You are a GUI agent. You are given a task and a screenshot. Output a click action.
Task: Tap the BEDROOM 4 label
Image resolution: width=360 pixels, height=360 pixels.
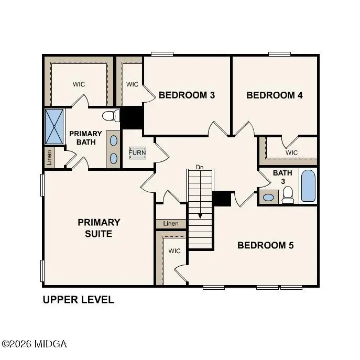(275, 95)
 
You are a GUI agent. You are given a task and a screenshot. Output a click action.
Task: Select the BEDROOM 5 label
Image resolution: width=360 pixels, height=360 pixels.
(266, 245)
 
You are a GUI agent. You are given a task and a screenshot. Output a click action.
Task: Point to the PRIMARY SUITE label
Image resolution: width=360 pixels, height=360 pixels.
(99, 228)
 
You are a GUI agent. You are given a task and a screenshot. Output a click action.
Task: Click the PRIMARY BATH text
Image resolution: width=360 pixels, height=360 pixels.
(85, 138)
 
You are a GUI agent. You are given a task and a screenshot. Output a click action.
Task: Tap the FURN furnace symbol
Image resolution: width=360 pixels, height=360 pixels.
(138, 154)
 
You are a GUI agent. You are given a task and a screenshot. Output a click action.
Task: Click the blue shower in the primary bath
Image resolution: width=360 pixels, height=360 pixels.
(54, 126)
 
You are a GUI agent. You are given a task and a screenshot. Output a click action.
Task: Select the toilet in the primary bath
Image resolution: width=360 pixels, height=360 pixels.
(109, 115)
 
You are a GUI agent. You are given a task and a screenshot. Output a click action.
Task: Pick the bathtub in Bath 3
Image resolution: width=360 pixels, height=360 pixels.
(309, 186)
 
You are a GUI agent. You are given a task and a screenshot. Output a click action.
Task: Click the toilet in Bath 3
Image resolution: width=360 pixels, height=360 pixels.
(288, 194)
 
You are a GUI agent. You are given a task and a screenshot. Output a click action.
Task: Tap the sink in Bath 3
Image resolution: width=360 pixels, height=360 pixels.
(268, 198)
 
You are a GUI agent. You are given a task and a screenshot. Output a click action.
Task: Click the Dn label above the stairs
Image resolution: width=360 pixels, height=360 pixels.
(199, 167)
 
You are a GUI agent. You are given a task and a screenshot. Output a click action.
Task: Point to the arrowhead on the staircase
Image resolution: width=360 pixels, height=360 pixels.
(200, 215)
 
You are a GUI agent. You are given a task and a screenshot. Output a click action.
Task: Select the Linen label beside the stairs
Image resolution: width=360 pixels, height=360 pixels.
(171, 224)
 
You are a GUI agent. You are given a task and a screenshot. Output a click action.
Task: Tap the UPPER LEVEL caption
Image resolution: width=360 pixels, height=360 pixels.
(78, 300)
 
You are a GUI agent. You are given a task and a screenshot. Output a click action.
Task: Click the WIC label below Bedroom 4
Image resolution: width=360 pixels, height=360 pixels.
(292, 152)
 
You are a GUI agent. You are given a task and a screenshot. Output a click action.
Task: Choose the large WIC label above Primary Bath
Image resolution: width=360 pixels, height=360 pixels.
(79, 84)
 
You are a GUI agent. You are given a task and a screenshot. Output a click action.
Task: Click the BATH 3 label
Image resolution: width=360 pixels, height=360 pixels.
(279, 177)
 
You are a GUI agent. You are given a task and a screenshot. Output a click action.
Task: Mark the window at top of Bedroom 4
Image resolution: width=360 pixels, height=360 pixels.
(280, 53)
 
